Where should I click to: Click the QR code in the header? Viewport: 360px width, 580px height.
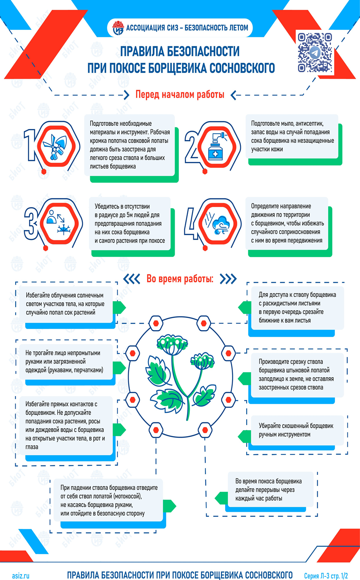point(315,52)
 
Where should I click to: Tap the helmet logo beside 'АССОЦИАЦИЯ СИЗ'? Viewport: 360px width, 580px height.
point(118,28)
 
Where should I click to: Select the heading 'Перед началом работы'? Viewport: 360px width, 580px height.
point(180,95)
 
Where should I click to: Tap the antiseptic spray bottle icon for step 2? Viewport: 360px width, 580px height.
point(217,147)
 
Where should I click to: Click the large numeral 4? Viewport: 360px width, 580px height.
point(191,223)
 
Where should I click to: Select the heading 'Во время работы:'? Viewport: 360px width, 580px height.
point(180,279)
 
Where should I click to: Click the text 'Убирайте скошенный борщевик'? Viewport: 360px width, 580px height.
point(296,425)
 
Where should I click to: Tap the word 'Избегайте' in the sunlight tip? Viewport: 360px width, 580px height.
point(38,295)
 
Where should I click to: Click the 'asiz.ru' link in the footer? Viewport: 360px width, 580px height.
point(21,576)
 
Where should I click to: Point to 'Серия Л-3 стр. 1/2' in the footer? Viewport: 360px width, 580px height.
point(326,576)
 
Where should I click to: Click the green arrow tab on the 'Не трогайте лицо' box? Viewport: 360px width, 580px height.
point(119,368)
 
